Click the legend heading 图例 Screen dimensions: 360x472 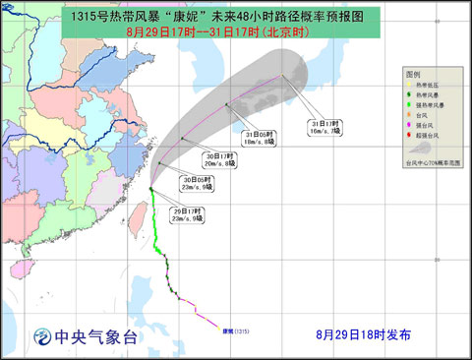click(x=413, y=75)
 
